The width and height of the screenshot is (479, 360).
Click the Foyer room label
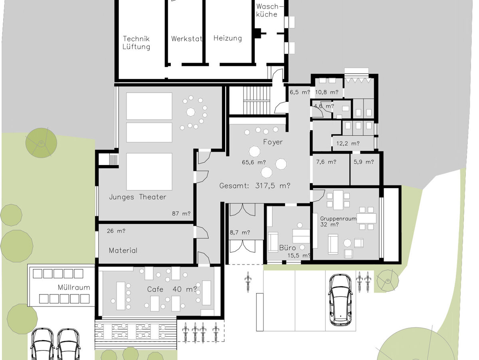click(x=273, y=142)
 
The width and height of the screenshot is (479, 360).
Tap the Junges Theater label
click(x=137, y=197)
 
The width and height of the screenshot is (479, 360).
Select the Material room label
click(x=123, y=251)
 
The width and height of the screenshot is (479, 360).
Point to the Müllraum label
click(x=74, y=287)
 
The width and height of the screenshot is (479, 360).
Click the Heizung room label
click(x=228, y=38)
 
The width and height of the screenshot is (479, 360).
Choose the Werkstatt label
click(x=186, y=39)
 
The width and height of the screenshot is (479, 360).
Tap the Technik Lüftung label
click(x=136, y=43)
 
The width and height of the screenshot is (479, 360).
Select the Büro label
click(x=287, y=248)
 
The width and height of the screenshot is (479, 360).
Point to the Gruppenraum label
click(x=338, y=219)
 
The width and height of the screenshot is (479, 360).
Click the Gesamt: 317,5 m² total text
click(x=255, y=186)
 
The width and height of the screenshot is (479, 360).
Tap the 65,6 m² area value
click(x=254, y=162)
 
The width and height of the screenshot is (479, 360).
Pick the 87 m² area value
click(x=181, y=213)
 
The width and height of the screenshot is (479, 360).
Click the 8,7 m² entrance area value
click(x=240, y=233)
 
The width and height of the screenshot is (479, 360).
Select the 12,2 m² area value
click(x=348, y=143)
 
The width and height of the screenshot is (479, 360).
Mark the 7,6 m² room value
click(x=326, y=162)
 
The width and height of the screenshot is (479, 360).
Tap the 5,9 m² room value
click(x=364, y=162)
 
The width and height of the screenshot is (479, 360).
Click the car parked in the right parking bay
click(x=340, y=300)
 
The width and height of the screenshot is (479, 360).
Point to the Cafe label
click(x=155, y=289)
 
